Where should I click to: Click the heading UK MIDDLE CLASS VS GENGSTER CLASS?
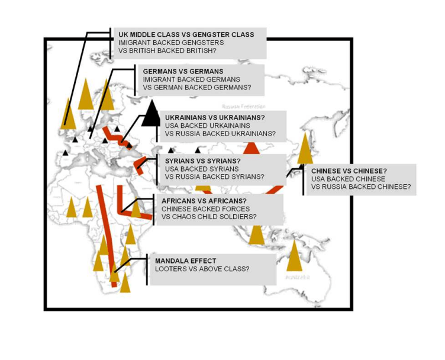[186, 35]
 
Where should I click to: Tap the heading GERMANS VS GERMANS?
[175, 71]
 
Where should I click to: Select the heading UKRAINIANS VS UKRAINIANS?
[215, 117]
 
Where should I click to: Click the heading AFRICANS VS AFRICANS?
[204, 201]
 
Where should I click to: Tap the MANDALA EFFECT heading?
[185, 261]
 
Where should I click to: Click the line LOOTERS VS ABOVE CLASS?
[202, 269]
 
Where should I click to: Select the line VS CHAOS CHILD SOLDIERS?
[209, 217]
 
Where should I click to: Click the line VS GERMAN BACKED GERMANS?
[196, 87]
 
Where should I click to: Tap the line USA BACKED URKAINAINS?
[207, 126]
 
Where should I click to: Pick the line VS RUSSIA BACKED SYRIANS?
[214, 176]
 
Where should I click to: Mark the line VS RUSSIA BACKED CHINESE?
[360, 187]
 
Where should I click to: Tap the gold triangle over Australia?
[294, 256]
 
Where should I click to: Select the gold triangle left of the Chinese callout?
[305, 149]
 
